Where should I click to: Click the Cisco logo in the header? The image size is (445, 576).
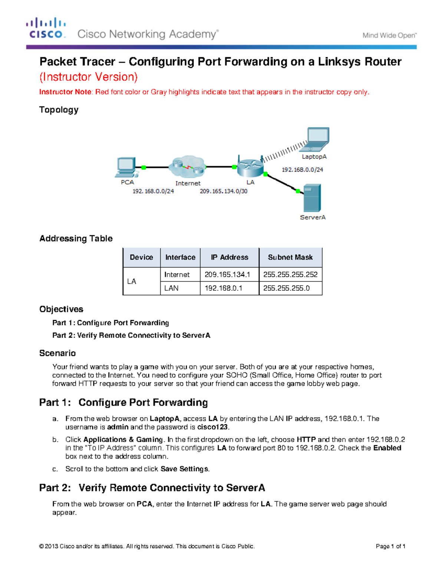46,28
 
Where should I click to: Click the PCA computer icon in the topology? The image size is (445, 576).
126,167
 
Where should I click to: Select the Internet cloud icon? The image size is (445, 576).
187,167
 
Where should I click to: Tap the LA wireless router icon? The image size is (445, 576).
250,167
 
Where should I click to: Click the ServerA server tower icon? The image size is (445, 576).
312,198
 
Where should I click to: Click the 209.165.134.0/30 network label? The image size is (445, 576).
224,191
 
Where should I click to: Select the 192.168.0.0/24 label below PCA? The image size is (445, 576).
153,191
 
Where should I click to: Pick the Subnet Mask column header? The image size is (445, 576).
290,257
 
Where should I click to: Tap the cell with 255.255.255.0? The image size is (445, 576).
286,288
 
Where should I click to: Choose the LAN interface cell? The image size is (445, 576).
172,288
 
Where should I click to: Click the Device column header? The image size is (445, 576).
141,257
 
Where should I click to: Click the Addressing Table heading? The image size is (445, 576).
76,238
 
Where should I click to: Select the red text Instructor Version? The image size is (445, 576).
89,77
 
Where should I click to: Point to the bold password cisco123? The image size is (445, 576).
212,427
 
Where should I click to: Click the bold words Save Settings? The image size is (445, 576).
185,469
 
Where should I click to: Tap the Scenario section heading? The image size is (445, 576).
57,353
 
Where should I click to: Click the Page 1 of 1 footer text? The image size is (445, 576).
390,546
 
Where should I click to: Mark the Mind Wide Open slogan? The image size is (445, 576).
389,36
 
